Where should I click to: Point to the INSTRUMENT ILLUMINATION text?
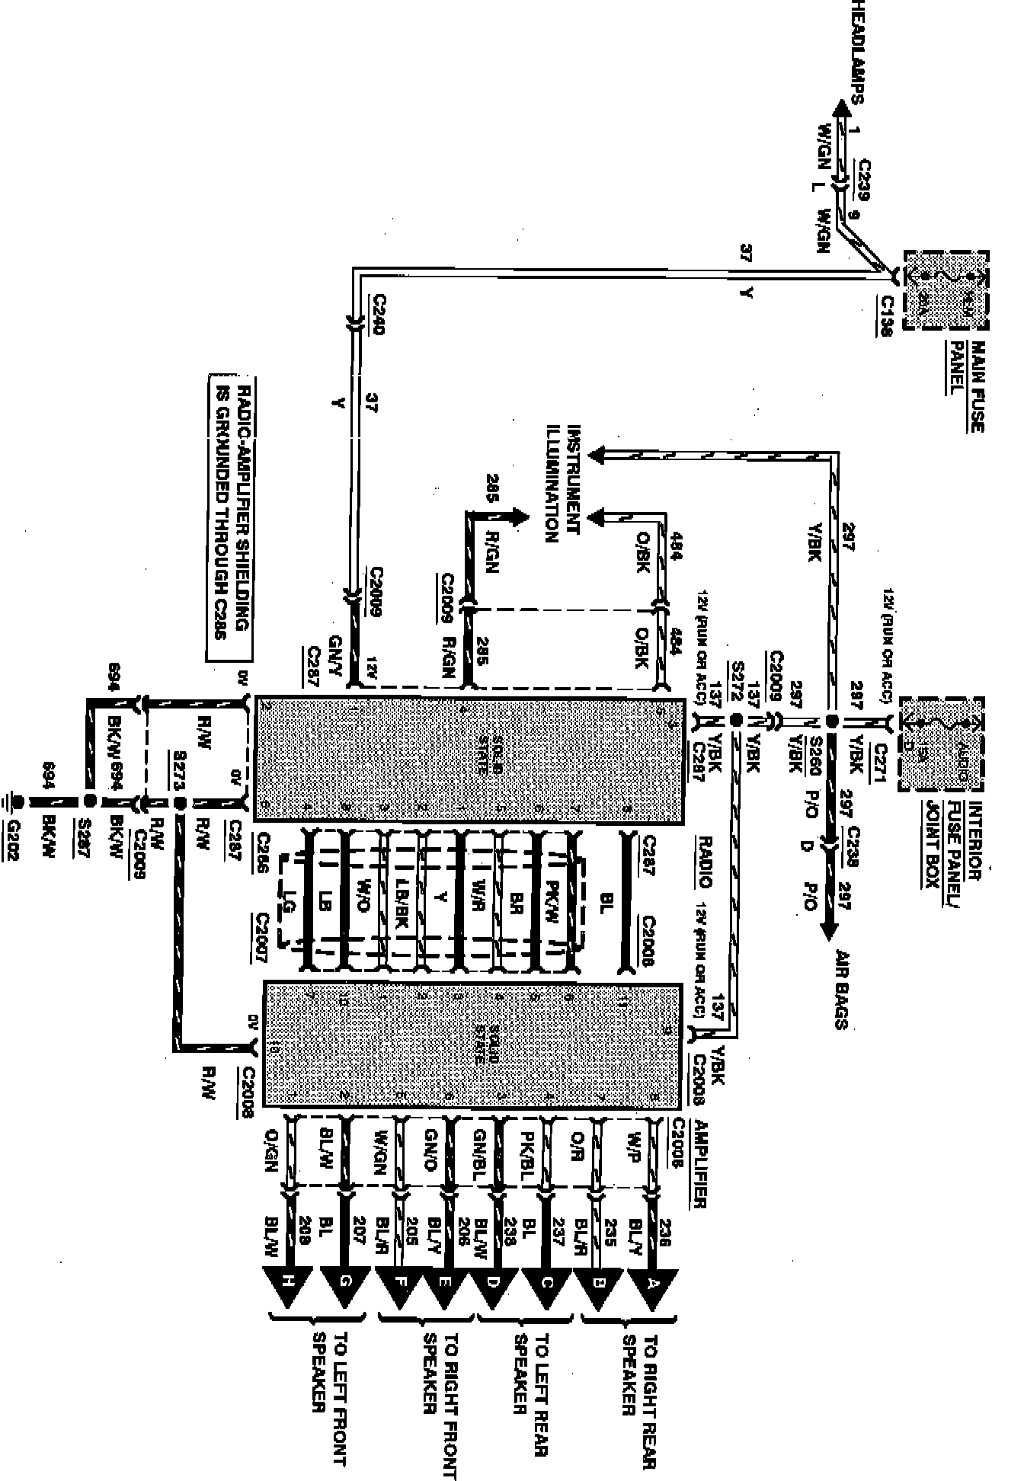[565, 484]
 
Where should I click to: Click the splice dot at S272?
[736, 720]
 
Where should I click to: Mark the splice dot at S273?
[181, 803]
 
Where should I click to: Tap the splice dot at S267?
[90, 801]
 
